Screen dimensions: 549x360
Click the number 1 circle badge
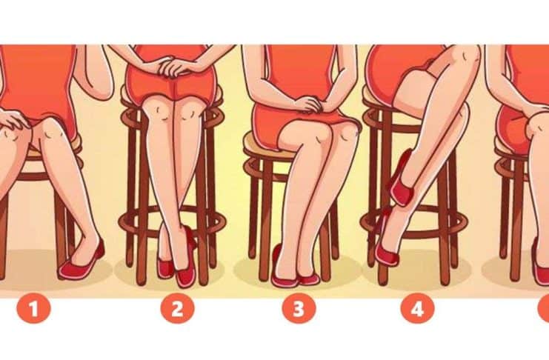(34, 309)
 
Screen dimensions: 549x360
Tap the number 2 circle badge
(177, 309)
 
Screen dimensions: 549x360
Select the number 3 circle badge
(299, 309)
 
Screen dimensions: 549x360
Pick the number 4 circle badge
(417, 309)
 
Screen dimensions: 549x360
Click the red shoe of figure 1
(82, 262)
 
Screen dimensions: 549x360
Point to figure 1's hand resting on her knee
(13, 119)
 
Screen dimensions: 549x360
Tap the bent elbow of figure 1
(102, 92)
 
